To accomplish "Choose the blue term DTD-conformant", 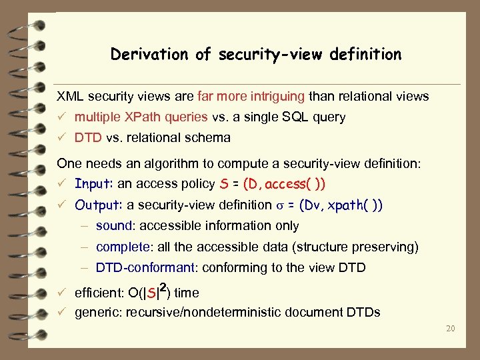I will [x=146, y=269].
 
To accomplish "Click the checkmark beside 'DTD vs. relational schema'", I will [x=61, y=138].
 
